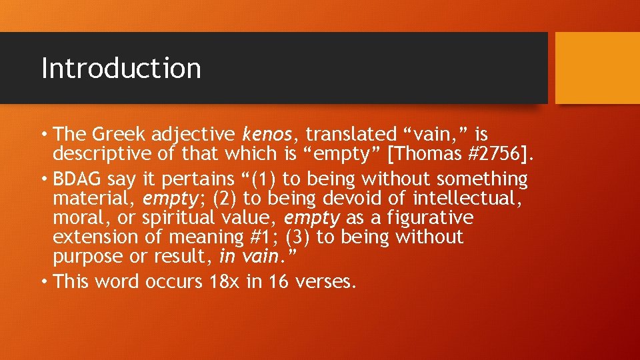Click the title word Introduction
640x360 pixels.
(x=121, y=68)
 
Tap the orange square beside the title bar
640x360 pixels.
(x=597, y=68)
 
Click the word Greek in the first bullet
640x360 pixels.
(x=119, y=135)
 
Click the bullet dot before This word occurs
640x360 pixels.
(x=44, y=282)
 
